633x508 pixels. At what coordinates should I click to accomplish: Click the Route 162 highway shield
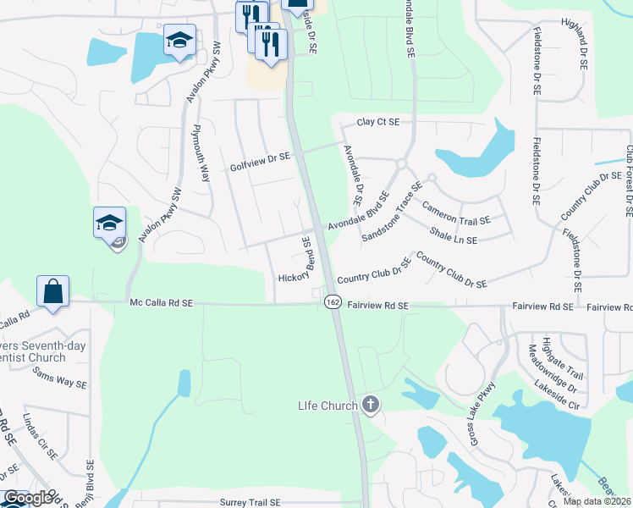pos(333,301)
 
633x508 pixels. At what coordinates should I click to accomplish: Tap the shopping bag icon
pos(53,291)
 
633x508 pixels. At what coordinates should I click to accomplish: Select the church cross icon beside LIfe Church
pos(370,405)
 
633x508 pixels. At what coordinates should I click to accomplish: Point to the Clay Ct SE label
pos(377,123)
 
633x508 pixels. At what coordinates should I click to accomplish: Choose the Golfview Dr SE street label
pos(260,157)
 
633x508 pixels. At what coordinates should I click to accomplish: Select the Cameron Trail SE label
pos(456,213)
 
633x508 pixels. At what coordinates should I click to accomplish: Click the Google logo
pos(27,498)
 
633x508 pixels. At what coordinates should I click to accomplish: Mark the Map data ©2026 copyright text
pos(597,501)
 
